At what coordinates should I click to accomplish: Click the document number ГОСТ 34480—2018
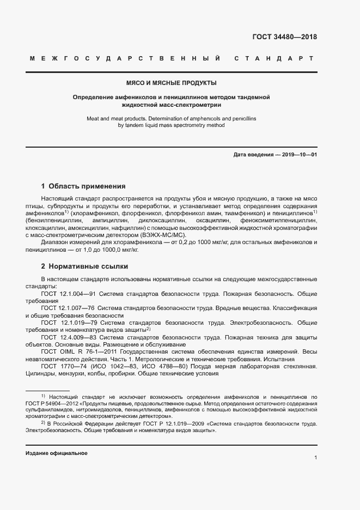pos(284,38)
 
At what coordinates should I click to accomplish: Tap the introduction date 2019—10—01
pos(298,155)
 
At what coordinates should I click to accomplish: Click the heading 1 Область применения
pos(83,186)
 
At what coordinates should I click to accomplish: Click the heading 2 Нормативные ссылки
pos(85,266)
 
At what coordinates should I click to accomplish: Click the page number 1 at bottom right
pos(315,459)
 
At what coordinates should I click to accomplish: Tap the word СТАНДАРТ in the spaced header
pos(273,58)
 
